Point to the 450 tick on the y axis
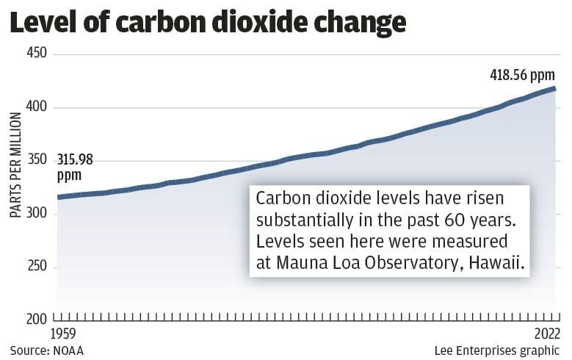click(37, 54)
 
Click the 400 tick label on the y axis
click(37, 107)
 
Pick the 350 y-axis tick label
click(37, 160)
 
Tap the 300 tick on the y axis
click(37, 214)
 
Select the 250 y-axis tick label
click(37, 267)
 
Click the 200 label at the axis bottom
click(37, 320)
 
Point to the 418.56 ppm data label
click(522, 76)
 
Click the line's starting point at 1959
click(59, 197)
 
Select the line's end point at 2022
click(554, 89)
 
